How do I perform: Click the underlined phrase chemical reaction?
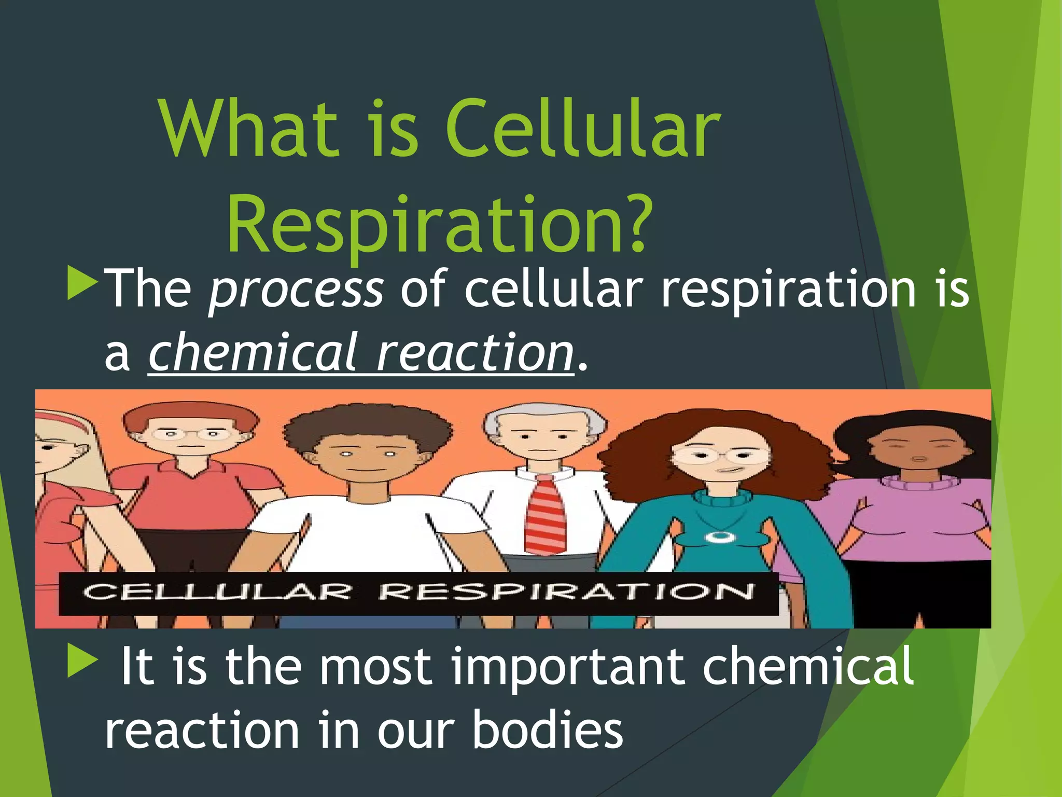[361, 353]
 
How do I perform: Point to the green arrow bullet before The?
[82, 283]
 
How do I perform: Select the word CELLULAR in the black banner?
[218, 592]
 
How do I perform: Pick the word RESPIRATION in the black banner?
[565, 592]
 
